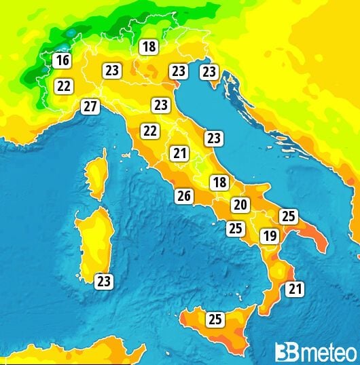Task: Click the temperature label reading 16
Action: (62, 61)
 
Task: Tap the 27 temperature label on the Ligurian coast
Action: (90, 107)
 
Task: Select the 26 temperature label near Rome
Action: (183, 196)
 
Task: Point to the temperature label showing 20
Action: (240, 205)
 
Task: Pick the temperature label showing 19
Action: (270, 236)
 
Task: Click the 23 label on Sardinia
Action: (104, 281)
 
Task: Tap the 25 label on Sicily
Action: (215, 319)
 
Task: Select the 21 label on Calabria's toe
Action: (294, 290)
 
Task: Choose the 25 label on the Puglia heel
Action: (289, 216)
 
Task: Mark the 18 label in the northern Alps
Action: (148, 47)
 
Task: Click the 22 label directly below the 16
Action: (64, 86)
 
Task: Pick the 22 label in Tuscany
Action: (149, 131)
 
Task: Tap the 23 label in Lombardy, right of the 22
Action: (112, 70)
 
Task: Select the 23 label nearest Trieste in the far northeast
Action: (209, 71)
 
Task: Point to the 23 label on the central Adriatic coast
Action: (214, 138)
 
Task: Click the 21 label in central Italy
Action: (179, 153)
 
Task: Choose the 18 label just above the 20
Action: (219, 182)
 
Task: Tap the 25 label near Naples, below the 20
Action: (235, 228)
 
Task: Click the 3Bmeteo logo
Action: (315, 351)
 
